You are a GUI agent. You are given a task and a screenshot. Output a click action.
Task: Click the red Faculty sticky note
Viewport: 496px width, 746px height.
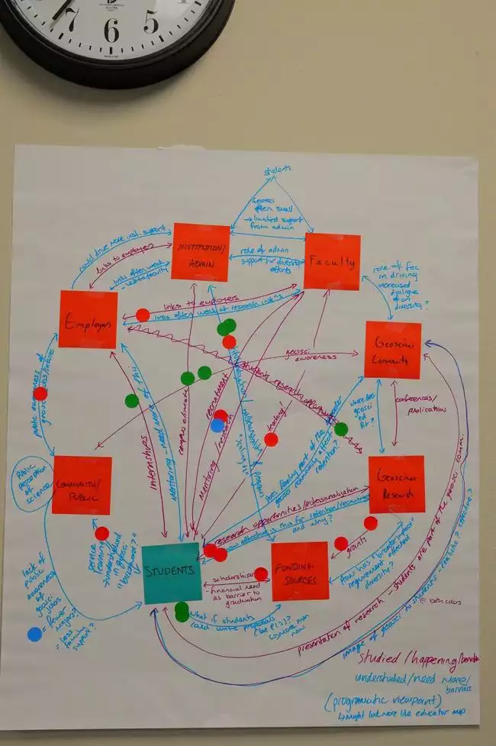click(x=332, y=262)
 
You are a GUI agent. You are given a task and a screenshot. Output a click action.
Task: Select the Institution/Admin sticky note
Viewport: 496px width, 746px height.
click(x=201, y=253)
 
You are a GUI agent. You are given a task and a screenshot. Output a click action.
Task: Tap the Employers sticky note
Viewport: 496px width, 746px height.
click(x=89, y=320)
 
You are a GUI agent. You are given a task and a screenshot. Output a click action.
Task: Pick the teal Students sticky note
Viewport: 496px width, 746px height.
click(x=172, y=573)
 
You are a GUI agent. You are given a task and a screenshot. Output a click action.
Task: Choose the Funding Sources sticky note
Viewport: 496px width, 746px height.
click(x=300, y=570)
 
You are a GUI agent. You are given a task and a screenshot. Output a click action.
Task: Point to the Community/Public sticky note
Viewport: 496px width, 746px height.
click(x=82, y=486)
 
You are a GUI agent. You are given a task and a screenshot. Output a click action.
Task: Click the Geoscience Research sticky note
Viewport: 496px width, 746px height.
click(x=396, y=485)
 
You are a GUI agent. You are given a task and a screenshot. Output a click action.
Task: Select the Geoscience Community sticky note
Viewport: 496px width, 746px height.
click(x=393, y=350)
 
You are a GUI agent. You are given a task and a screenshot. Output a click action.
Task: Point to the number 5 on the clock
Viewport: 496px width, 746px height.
click(x=151, y=22)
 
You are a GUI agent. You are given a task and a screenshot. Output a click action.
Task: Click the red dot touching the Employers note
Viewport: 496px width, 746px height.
click(x=143, y=315)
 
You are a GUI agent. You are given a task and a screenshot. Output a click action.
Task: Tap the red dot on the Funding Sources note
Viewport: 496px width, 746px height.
click(x=261, y=573)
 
